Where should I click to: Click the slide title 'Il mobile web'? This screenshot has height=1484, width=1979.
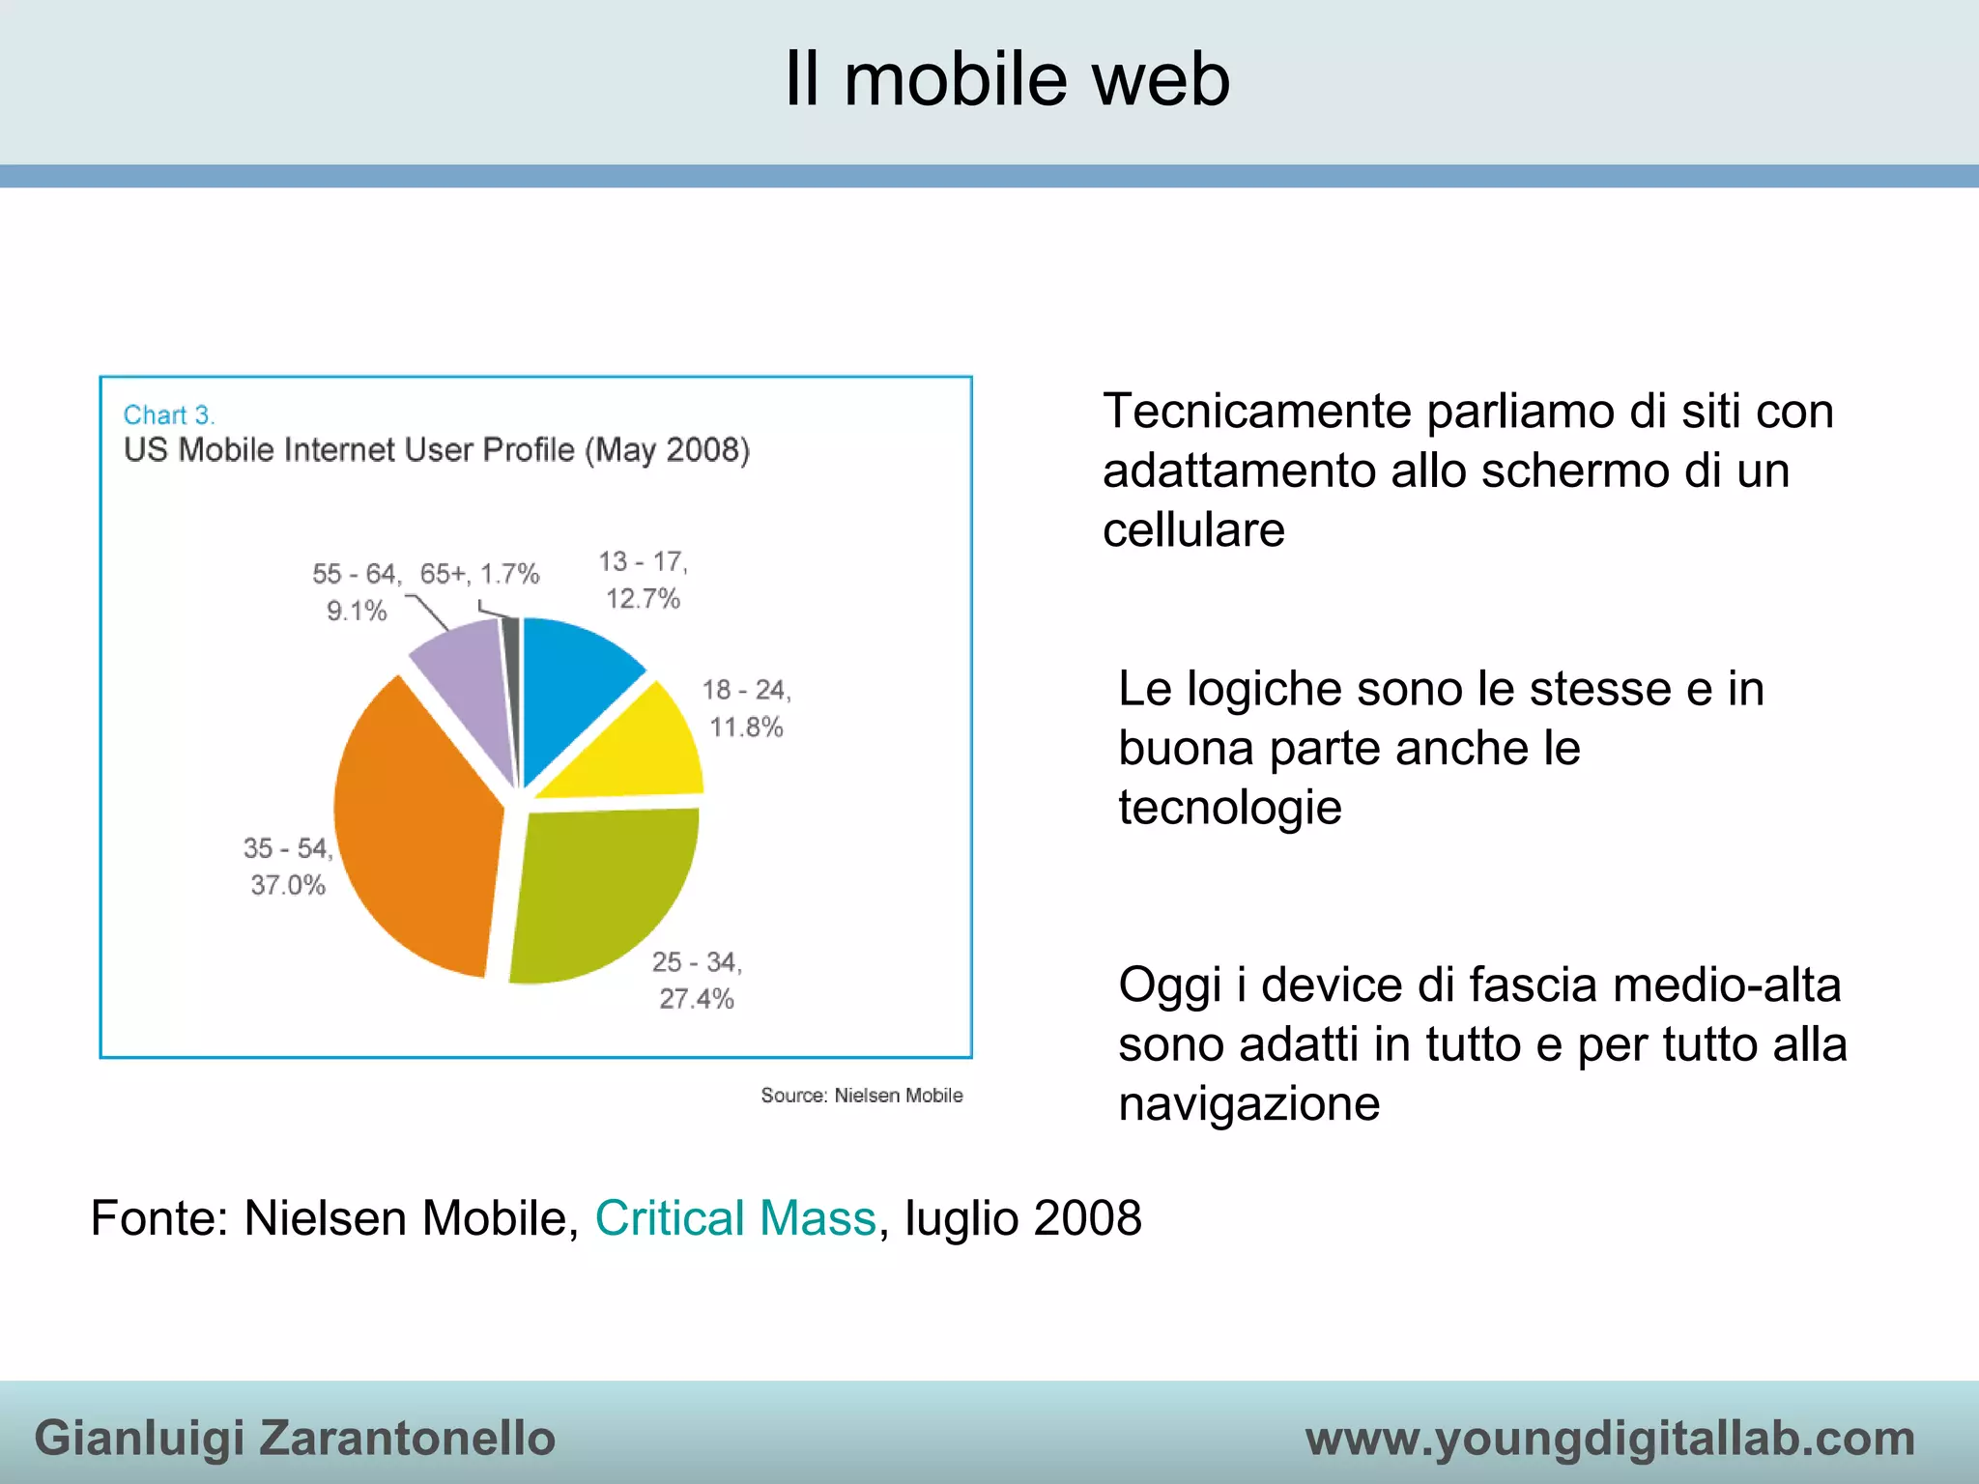coord(1006,79)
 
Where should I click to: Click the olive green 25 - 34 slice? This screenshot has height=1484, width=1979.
coord(599,889)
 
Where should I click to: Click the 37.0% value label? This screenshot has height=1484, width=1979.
coord(288,885)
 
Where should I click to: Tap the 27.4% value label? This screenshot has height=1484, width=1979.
coord(697,999)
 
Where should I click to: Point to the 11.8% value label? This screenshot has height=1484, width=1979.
coord(746,728)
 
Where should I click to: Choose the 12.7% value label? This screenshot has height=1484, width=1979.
coord(643,599)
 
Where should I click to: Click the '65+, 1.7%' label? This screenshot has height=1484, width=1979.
coord(479,574)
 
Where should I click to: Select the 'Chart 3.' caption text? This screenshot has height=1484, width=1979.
coord(169,415)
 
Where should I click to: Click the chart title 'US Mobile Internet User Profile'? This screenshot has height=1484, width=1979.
coord(436,450)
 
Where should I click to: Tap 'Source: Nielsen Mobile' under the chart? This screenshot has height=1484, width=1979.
coord(861,1096)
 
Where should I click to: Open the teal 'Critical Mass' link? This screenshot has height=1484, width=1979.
coord(734,1218)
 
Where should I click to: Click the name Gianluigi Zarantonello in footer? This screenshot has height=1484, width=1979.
coord(295,1438)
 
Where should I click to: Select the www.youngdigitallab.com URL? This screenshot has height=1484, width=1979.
coord(1610,1438)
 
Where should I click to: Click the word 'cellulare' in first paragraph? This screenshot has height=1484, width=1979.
coord(1193,530)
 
